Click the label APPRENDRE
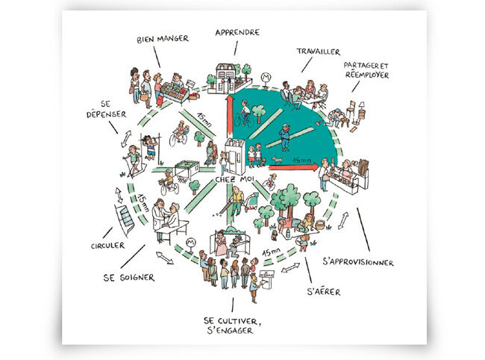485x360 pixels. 237,32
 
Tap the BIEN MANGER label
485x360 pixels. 163,39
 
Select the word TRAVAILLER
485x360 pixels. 319,52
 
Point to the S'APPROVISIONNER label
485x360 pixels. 358,262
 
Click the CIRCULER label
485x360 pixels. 107,246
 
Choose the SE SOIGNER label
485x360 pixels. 129,277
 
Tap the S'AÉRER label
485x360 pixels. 324,291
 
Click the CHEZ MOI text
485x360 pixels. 234,179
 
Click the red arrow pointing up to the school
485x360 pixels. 229,115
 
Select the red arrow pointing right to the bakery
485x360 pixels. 293,167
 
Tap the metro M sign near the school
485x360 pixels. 266,78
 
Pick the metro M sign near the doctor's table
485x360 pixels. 191,243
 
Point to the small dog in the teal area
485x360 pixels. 277,159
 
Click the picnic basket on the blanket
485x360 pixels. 320,224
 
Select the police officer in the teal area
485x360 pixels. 285,137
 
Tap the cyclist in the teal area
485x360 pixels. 244,114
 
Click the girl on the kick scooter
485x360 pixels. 133,161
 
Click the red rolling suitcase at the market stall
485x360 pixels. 160,99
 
